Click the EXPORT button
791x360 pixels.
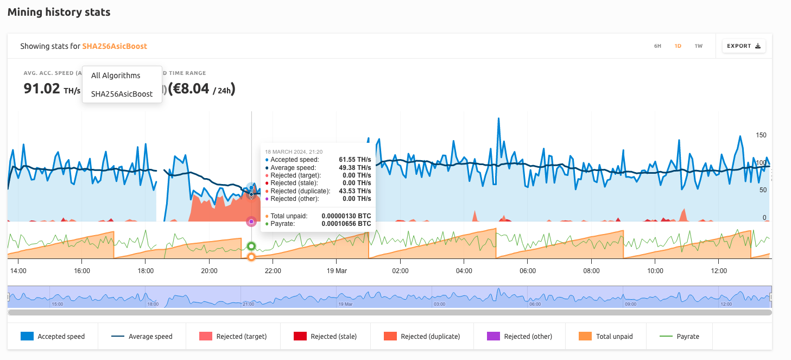(x=744, y=46)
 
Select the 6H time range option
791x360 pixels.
(x=657, y=46)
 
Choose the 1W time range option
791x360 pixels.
(x=698, y=46)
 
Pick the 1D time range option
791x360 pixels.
(x=678, y=46)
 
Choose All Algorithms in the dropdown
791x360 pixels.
(x=116, y=75)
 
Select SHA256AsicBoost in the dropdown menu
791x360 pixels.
(x=122, y=94)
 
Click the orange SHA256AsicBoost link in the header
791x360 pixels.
(x=115, y=46)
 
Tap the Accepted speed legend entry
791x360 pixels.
(x=53, y=337)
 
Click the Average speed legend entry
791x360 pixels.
(x=142, y=337)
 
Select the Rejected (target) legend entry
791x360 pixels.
(x=233, y=337)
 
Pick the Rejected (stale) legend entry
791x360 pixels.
(x=325, y=337)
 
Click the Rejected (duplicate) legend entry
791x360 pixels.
(x=421, y=337)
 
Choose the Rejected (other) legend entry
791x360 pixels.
(x=520, y=337)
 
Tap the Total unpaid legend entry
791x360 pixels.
(x=606, y=337)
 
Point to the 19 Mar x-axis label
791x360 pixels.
(x=337, y=270)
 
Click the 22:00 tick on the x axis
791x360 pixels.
(x=273, y=270)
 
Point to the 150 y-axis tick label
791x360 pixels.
(x=762, y=135)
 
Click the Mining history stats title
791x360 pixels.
(x=59, y=12)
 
